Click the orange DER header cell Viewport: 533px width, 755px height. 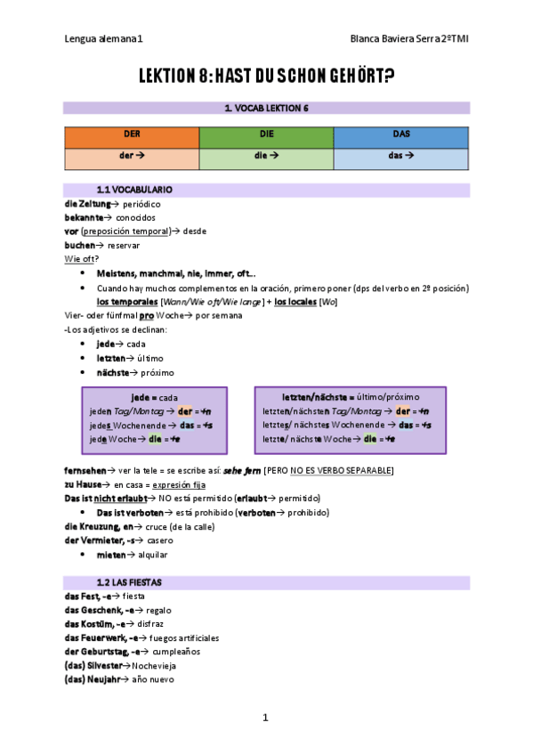tap(131, 137)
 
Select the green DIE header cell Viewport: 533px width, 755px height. tap(266, 137)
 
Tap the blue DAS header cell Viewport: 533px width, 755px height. tap(401, 137)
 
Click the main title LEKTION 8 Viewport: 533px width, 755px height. tap(266, 77)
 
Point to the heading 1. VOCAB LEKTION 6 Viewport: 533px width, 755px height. tap(266, 109)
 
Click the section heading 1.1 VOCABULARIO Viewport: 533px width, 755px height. tap(133, 191)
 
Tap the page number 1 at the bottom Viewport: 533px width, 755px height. tap(265, 717)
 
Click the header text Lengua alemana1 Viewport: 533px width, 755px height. tap(103, 39)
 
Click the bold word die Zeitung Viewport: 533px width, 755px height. tap(88, 204)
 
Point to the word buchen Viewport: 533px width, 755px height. tap(79, 245)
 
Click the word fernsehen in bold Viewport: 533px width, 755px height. tap(86, 470)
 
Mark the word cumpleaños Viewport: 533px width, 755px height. tap(175, 651)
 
